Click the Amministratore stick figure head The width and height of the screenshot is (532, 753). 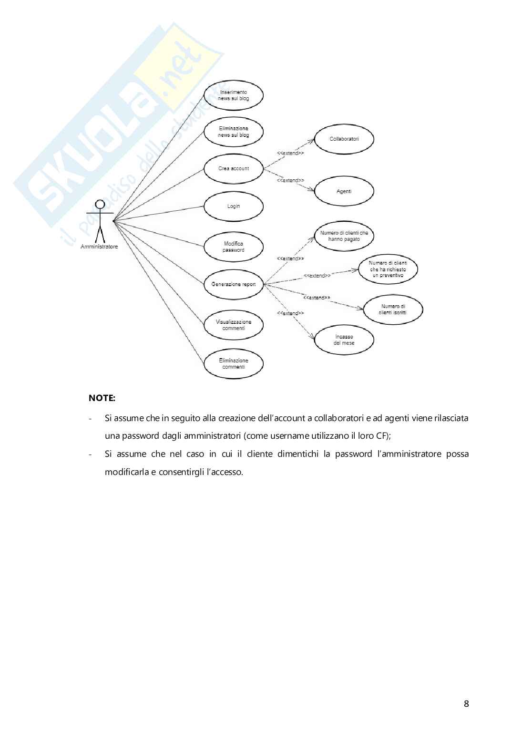point(100,204)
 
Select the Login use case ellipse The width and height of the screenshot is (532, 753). point(234,206)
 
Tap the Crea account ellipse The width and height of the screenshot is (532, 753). point(234,168)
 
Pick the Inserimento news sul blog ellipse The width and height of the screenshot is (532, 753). point(234,95)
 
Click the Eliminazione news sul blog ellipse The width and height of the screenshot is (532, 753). point(234,132)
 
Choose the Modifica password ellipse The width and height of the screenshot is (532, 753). point(234,247)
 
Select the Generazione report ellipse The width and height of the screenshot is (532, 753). point(234,284)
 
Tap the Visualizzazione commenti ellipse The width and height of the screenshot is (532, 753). point(234,325)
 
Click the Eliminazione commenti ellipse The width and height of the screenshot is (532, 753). point(234,364)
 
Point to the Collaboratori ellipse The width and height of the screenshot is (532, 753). point(344,139)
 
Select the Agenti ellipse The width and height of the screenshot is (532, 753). point(344,191)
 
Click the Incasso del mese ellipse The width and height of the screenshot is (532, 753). point(344,340)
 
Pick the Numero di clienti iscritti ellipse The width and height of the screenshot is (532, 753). point(393,309)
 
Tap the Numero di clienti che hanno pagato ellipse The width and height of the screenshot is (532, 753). point(344,236)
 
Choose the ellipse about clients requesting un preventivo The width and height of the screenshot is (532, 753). point(388,269)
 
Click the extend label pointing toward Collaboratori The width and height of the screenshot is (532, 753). point(290,153)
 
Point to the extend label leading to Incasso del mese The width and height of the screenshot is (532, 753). point(290,313)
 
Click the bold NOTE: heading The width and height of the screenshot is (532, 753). point(102,398)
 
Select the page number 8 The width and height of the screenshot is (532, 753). point(466,703)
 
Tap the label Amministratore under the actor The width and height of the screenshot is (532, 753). point(99,247)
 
